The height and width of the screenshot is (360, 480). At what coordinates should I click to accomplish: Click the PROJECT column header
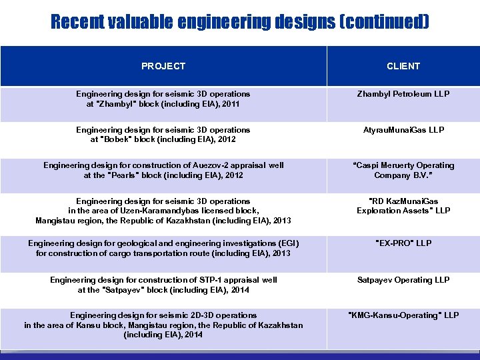coord(163,66)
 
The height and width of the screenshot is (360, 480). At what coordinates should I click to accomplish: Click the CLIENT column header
coord(403,66)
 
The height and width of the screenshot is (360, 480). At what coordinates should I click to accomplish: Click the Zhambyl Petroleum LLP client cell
coord(403,94)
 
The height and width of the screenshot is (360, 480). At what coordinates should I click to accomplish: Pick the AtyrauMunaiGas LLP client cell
coord(403,129)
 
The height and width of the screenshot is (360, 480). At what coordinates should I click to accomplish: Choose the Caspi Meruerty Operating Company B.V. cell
coord(403,170)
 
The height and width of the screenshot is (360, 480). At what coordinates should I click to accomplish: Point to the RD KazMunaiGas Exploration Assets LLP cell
coord(403,205)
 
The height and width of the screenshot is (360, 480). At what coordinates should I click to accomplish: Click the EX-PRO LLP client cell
coord(403,243)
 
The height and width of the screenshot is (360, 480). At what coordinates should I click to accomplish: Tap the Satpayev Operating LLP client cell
coord(403,280)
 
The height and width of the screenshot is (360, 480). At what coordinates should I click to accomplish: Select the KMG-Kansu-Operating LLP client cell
coord(403,315)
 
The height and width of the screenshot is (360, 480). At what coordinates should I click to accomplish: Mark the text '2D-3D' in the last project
coord(199,315)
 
